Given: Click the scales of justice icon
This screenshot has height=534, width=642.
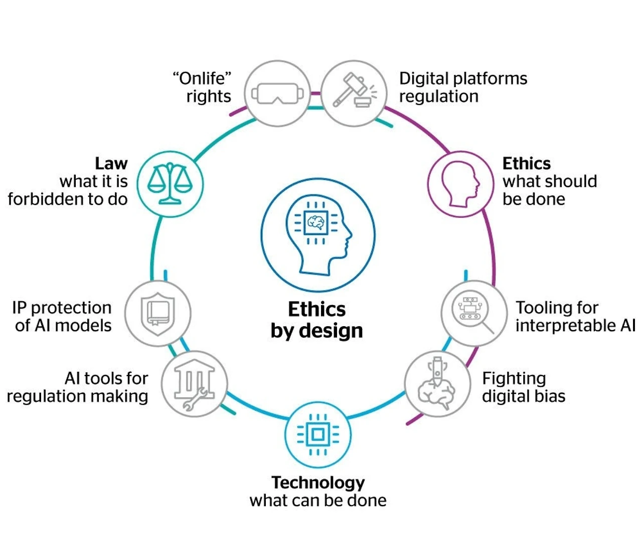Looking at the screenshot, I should [170, 183].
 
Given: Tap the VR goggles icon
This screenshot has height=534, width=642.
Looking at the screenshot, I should [277, 93].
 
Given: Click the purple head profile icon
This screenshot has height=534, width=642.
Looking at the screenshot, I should [460, 184].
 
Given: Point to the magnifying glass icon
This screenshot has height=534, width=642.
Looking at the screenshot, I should [473, 313].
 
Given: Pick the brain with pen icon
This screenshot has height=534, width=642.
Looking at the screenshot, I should [437, 384].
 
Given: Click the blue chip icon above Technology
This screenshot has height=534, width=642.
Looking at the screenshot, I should [317, 434].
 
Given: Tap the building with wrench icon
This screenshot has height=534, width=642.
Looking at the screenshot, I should [194, 384].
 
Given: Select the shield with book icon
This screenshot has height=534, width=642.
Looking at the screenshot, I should [158, 313].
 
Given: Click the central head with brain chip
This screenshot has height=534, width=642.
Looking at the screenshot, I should [318, 235].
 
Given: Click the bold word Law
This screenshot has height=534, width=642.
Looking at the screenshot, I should [111, 163].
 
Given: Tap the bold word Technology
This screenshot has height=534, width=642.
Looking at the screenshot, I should [318, 482].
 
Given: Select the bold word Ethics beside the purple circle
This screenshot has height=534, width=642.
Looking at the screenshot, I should [527, 163].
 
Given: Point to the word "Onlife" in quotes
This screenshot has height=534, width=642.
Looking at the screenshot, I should [202, 78].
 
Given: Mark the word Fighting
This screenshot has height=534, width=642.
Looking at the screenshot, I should [514, 378].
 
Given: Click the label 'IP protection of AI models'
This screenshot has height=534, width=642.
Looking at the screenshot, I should [62, 317].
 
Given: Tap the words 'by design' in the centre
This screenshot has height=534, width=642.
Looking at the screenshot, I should [316, 331].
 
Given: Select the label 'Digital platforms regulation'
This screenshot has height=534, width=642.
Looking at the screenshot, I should [462, 87].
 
